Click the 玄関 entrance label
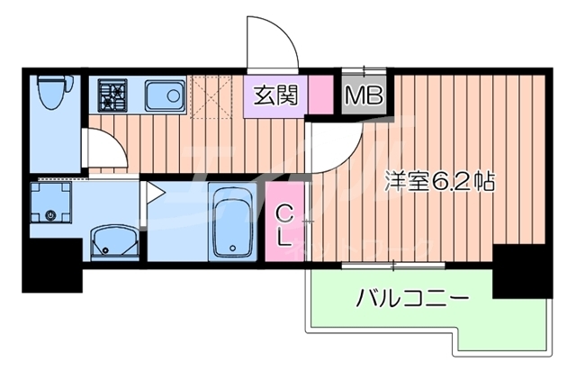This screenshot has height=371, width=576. (x=276, y=93)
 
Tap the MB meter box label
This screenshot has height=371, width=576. (x=364, y=94)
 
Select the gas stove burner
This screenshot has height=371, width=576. (x=113, y=93)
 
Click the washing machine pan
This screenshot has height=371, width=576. (x=52, y=204)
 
